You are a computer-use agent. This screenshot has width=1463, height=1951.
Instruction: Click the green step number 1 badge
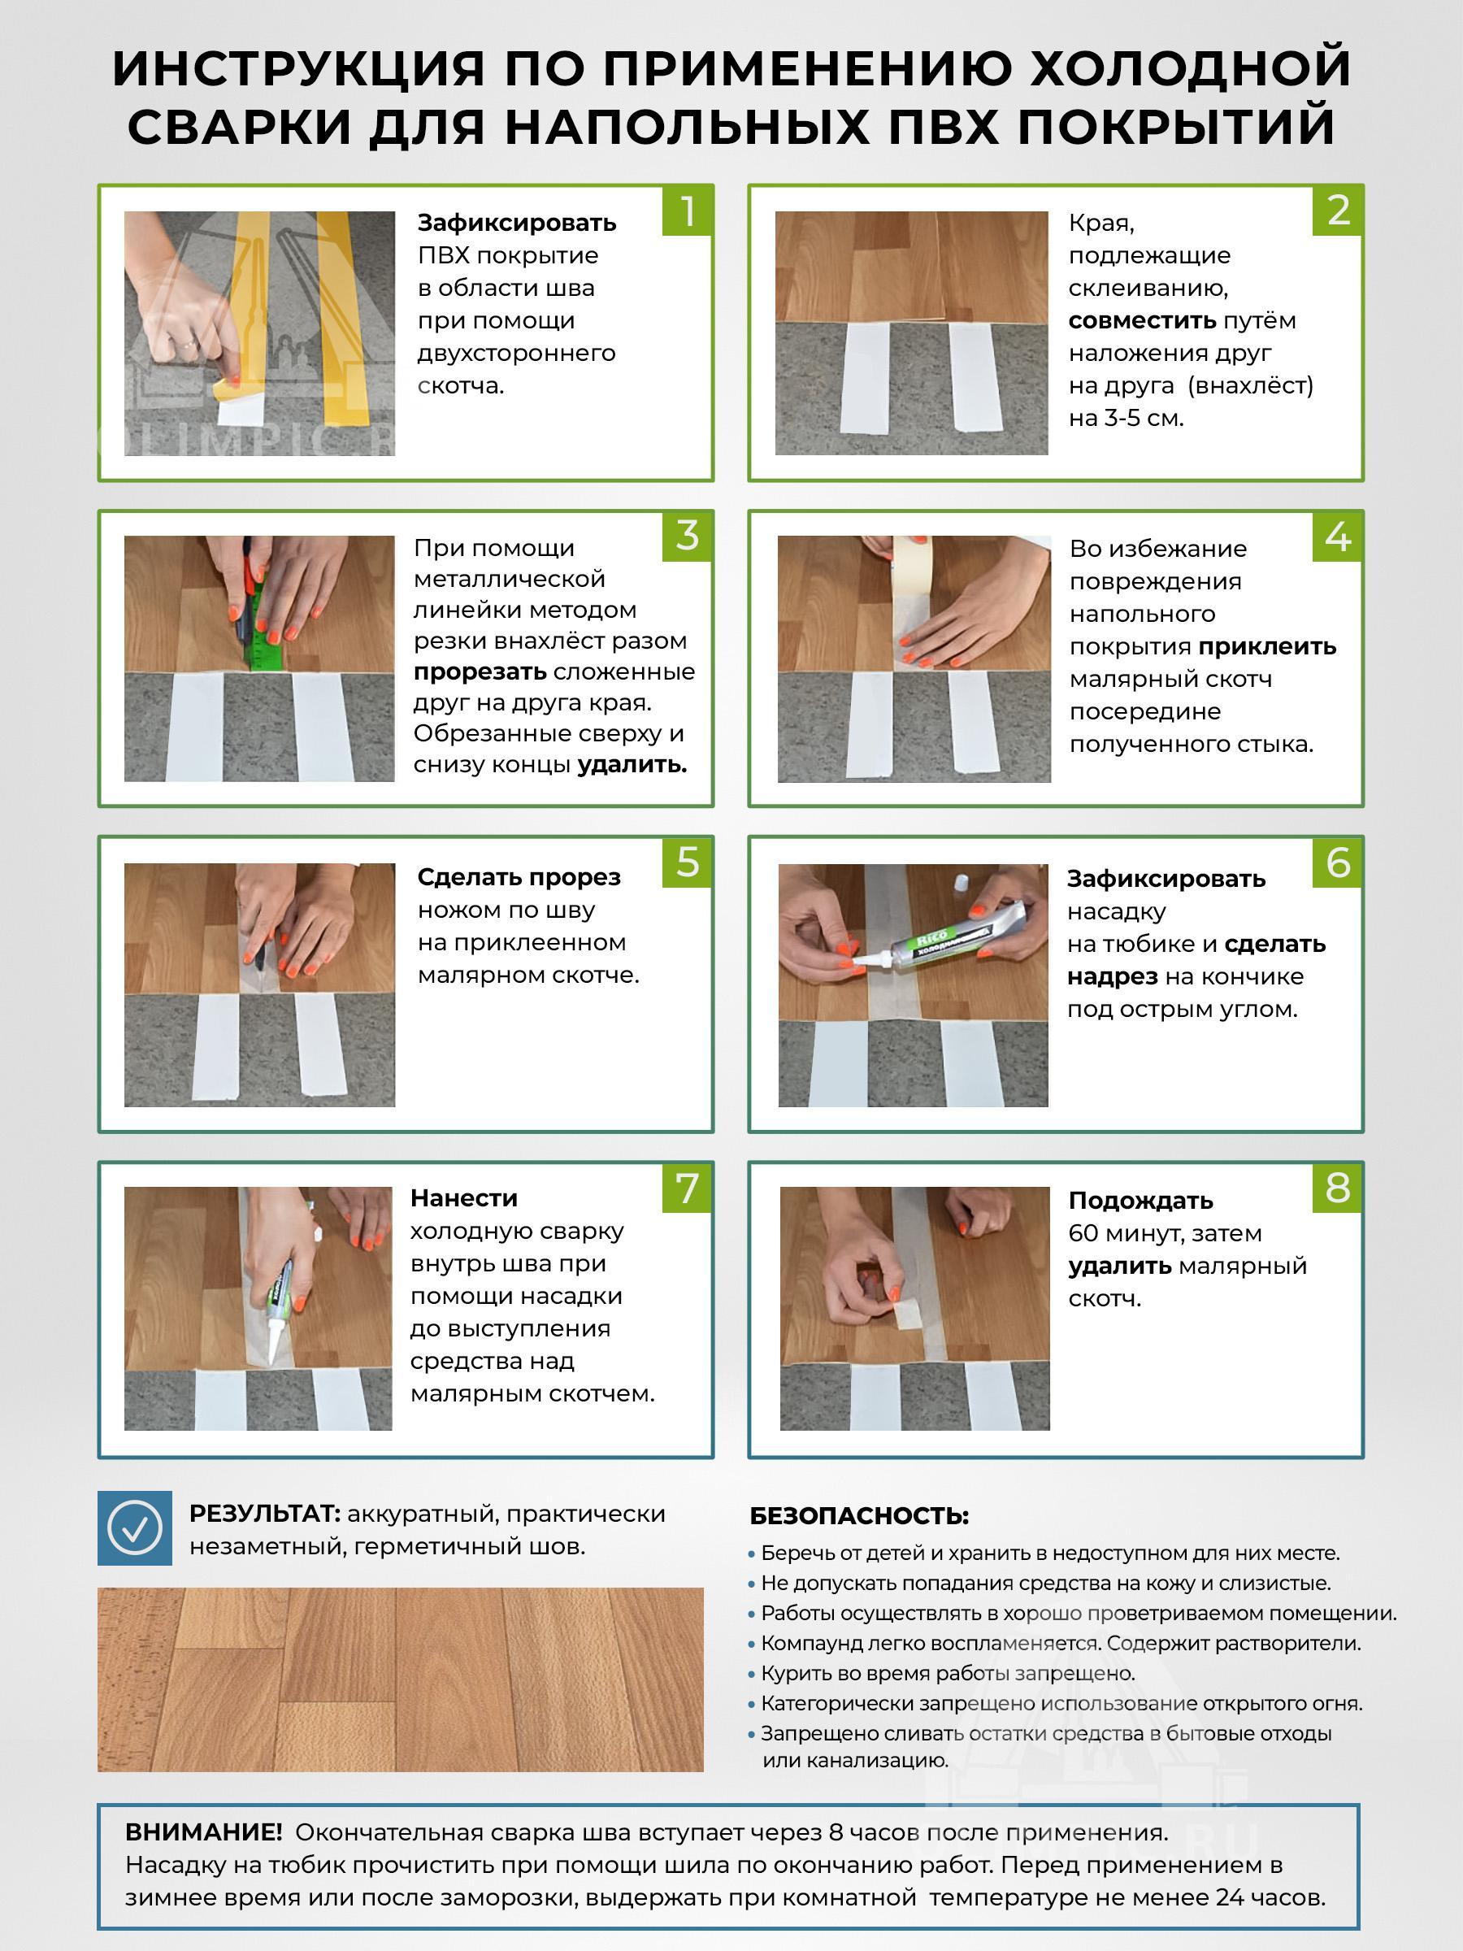click(x=687, y=211)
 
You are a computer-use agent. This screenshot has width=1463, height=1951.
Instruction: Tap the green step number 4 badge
click(x=1338, y=537)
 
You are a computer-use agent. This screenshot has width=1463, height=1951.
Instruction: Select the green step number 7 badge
click(x=687, y=1187)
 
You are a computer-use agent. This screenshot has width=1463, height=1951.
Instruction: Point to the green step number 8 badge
click(x=1338, y=1187)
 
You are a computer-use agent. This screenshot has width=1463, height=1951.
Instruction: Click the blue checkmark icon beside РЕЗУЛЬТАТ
click(x=134, y=1527)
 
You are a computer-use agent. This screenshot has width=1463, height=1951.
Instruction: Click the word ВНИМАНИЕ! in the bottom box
click(x=204, y=1832)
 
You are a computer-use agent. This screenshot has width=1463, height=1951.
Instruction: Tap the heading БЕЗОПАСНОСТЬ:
click(x=859, y=1515)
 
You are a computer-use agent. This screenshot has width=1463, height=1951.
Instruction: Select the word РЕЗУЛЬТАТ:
click(x=264, y=1514)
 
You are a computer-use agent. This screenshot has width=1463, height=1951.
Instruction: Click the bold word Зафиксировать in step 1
click(x=517, y=222)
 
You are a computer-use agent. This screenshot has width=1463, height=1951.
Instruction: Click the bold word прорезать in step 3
click(x=480, y=672)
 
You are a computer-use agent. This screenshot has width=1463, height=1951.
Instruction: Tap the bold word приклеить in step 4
click(x=1267, y=646)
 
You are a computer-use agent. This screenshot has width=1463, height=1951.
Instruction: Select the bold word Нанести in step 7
click(x=464, y=1197)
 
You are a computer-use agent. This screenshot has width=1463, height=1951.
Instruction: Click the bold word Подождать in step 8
click(x=1140, y=1201)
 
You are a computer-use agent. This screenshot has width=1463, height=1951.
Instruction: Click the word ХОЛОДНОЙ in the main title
click(x=1192, y=68)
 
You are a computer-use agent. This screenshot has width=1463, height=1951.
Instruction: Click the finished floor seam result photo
click(x=401, y=1680)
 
